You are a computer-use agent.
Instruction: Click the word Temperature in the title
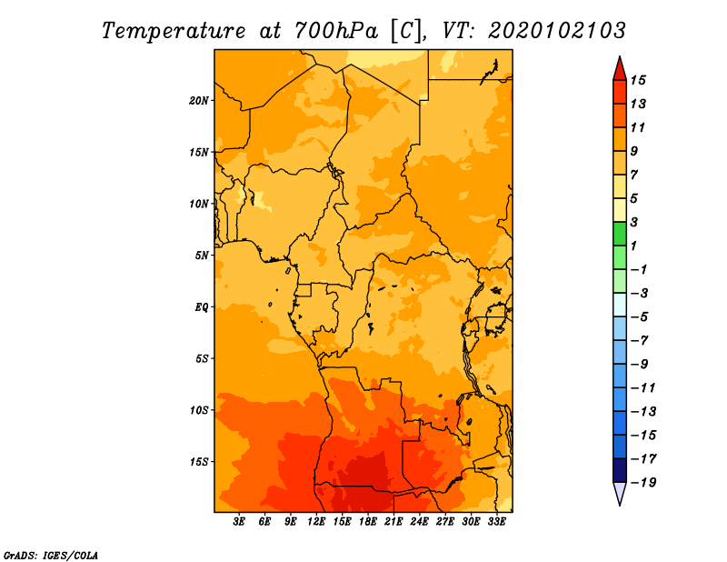[x=174, y=32]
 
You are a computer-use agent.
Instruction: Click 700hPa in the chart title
[x=336, y=31]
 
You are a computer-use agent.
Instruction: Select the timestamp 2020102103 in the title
[x=557, y=31]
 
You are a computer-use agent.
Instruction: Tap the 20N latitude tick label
[x=198, y=101]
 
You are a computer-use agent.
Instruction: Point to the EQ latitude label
[x=201, y=307]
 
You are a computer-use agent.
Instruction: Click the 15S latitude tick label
[x=198, y=462]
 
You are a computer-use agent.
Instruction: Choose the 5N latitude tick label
[x=201, y=256]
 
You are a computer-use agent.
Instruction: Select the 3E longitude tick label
[x=239, y=522]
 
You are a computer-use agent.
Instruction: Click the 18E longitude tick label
[x=367, y=522]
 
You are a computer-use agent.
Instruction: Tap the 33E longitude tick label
[x=496, y=522]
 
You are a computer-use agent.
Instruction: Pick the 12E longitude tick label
[x=315, y=522]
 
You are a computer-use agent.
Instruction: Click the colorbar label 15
[x=638, y=80]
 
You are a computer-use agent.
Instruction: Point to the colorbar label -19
[x=643, y=483]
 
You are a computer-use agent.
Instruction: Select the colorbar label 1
[x=633, y=246]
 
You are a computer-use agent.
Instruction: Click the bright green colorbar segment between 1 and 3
[x=620, y=234]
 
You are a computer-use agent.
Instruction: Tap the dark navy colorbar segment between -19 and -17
[x=620, y=470]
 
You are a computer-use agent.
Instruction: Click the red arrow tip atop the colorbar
[x=620, y=57]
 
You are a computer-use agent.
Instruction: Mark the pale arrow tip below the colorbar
[x=620, y=505]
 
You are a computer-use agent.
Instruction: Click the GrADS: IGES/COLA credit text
[x=51, y=556]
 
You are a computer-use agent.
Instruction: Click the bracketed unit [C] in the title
[x=405, y=32]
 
